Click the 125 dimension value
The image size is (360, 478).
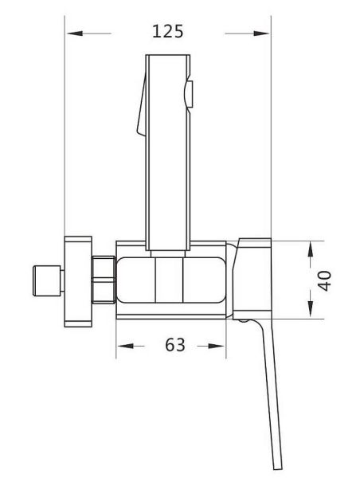tap(167, 31)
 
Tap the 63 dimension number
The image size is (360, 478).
tap(175, 345)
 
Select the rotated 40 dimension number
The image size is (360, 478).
tap(324, 280)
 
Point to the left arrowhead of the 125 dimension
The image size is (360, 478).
tap(75, 33)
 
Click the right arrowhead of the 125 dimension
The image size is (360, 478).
tap(261, 33)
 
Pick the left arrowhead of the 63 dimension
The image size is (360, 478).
tap(126, 346)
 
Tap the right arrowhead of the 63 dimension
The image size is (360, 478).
tap(216, 346)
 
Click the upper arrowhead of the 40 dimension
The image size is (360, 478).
tap(311, 249)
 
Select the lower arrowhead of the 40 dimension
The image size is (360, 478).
tap(311, 309)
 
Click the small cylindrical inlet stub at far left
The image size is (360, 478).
tap(47, 280)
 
